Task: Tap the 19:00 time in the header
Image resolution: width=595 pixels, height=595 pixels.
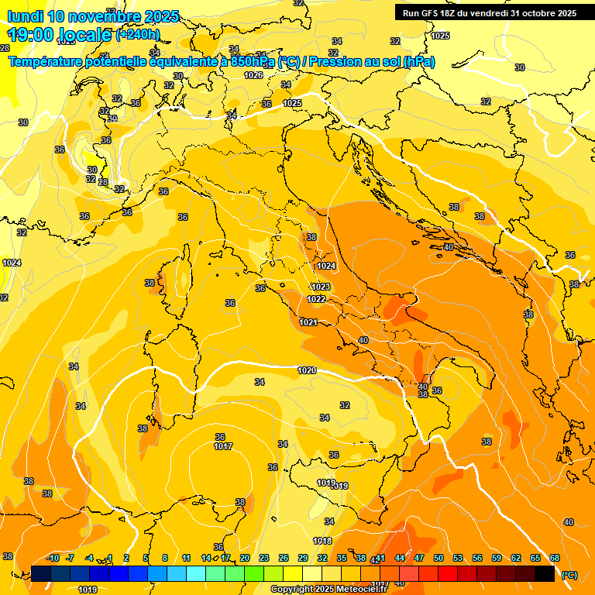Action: tap(30, 34)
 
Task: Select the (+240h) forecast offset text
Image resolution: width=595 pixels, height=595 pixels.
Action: tap(138, 34)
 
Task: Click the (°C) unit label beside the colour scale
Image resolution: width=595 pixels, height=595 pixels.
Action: tap(569, 575)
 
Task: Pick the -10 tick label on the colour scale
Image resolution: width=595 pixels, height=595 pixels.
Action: tap(53, 558)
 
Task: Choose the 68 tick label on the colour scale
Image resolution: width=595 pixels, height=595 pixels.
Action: tap(555, 558)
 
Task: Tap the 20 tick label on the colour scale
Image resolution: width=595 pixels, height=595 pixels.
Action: tap(245, 558)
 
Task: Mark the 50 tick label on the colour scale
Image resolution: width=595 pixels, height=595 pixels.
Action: tap(439, 558)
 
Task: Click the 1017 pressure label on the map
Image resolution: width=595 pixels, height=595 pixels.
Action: tap(224, 446)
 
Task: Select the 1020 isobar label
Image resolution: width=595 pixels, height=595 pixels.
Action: tap(307, 370)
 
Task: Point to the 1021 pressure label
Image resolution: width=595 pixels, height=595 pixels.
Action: tap(308, 322)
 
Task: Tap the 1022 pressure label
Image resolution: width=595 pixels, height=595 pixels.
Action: tap(316, 299)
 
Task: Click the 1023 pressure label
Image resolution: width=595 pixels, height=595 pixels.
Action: tap(321, 287)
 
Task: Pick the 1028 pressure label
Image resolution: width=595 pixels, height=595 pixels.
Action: tap(253, 75)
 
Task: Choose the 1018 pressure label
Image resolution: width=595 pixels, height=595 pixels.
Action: tap(323, 541)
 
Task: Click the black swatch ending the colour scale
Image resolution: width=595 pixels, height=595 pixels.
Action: tap(545, 573)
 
